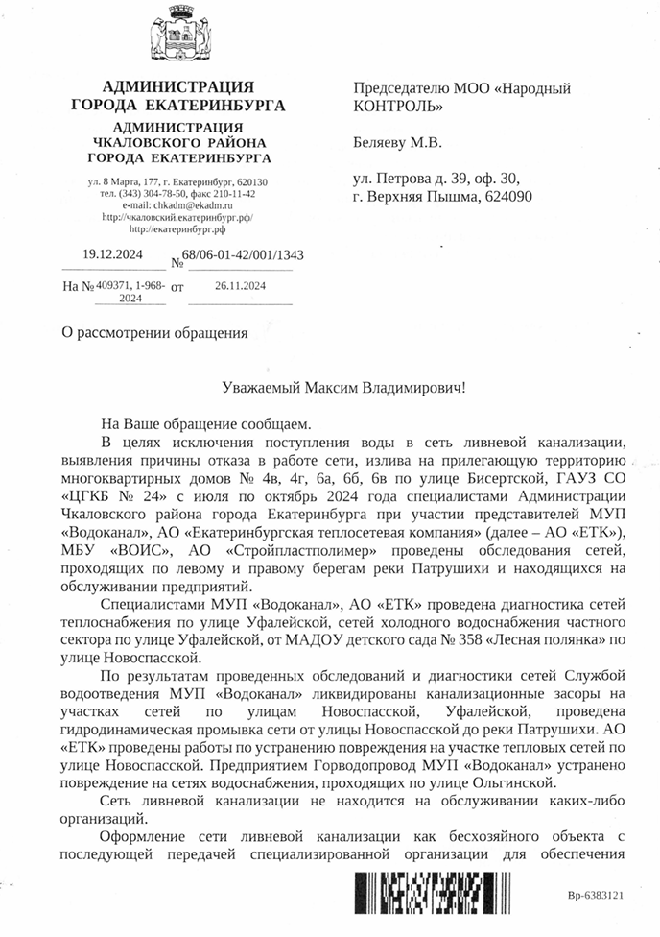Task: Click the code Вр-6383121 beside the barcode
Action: point(595,895)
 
